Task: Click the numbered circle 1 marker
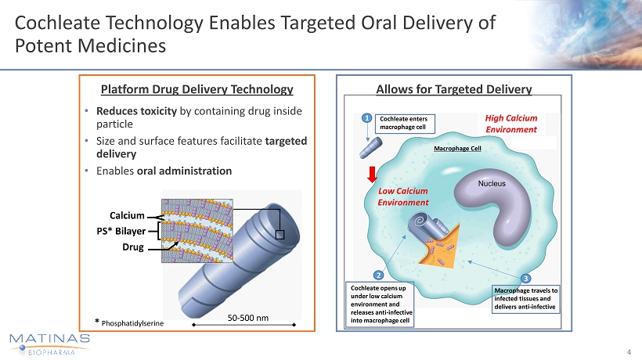(x=366, y=119)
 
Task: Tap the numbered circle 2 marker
(x=377, y=275)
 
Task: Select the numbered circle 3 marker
(x=525, y=278)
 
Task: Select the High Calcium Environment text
(x=511, y=122)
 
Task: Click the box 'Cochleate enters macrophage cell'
(x=403, y=123)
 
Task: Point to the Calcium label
(x=129, y=215)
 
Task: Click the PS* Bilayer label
(x=119, y=231)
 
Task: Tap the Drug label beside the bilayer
(x=135, y=247)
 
